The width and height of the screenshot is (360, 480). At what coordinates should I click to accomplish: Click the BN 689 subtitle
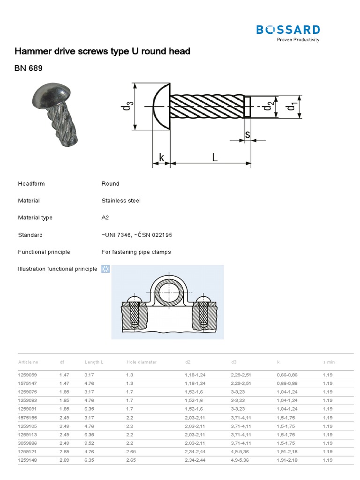29,69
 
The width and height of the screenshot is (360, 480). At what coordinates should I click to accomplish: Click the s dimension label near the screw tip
247,135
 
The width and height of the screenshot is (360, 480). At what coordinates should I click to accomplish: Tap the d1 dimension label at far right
292,107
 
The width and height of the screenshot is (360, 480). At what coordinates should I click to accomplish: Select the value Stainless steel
121,201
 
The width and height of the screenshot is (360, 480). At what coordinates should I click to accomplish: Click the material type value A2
105,218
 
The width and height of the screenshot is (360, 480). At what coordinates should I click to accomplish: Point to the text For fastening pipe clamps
136,252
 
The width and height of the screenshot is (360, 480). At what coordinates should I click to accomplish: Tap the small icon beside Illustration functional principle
105,269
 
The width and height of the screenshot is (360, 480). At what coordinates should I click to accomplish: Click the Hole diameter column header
141,362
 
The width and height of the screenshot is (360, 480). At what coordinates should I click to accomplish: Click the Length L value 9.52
90,443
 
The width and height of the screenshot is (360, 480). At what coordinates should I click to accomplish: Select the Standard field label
30,235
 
